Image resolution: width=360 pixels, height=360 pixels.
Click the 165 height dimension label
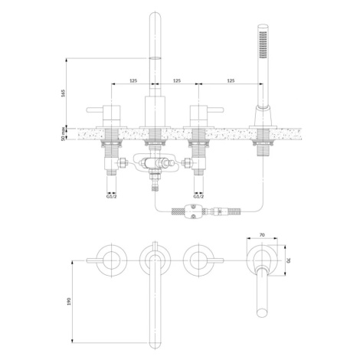(64, 93)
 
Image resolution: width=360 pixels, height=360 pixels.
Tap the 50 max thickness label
(64, 134)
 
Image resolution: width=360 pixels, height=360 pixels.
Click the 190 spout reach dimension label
(69, 301)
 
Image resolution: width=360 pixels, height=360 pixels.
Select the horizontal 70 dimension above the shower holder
(262, 235)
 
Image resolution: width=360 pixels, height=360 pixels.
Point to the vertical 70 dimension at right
(290, 260)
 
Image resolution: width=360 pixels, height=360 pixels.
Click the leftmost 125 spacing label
(133, 80)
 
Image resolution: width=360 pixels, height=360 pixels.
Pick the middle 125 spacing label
(177, 80)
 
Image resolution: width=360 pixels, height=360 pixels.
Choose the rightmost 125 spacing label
(231, 80)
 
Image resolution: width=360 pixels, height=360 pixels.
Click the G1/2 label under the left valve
(112, 196)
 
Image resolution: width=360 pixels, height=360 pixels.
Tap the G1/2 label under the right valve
(198, 196)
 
